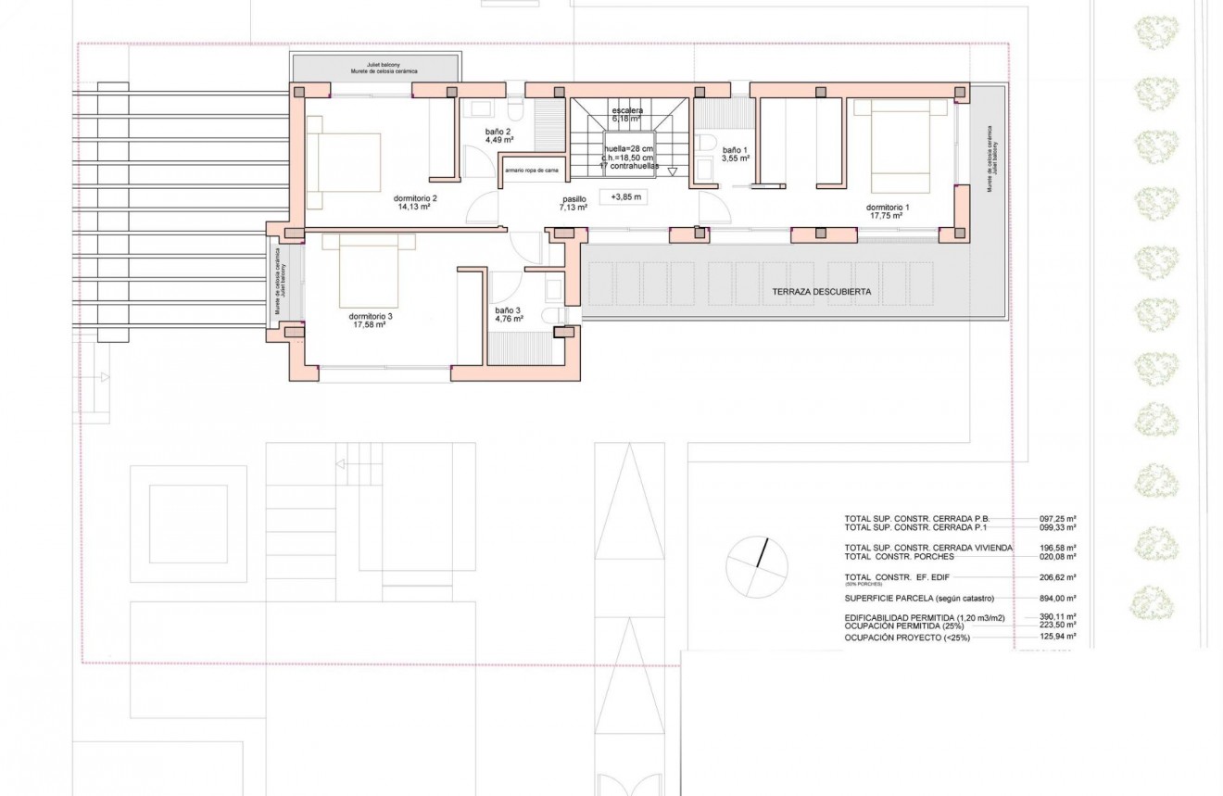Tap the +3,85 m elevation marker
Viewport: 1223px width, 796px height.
click(626, 196)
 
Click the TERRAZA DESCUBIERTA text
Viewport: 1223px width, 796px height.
click(821, 292)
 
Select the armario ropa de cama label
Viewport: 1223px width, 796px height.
click(533, 171)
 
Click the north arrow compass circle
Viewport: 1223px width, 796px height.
click(757, 568)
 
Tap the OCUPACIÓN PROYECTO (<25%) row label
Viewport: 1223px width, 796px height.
click(906, 638)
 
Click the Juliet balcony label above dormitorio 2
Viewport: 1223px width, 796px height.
click(374, 66)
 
